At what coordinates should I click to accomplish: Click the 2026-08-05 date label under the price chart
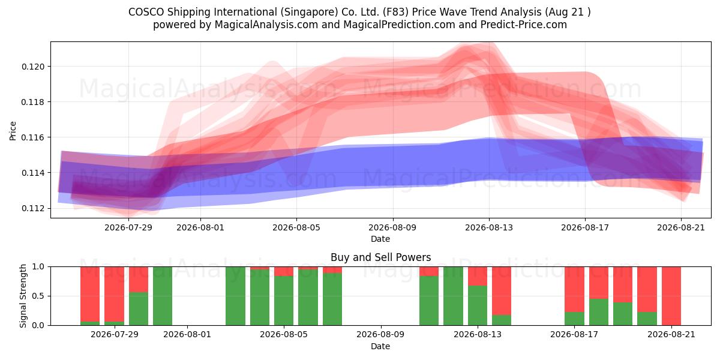coord(296,227)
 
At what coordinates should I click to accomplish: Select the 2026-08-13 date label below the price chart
coord(489,227)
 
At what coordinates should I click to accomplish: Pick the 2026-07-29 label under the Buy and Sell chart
coord(115,334)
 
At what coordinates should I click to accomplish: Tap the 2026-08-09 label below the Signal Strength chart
coord(380,334)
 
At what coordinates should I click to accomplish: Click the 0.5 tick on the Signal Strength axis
coord(38,296)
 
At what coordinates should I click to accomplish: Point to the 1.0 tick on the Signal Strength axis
coord(38,267)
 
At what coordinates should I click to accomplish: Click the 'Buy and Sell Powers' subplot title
coord(380,257)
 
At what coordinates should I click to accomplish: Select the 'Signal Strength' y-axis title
coord(23,296)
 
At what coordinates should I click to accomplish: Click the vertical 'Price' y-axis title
coord(13,131)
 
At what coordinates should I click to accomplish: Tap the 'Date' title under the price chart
coord(380,239)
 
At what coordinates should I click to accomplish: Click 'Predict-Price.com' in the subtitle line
coord(524,25)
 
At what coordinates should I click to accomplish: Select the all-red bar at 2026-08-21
coord(671,296)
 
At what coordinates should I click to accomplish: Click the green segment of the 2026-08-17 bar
coord(574,319)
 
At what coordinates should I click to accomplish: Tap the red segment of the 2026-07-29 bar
coord(114,294)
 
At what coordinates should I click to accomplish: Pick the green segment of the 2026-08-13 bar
coord(478,305)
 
